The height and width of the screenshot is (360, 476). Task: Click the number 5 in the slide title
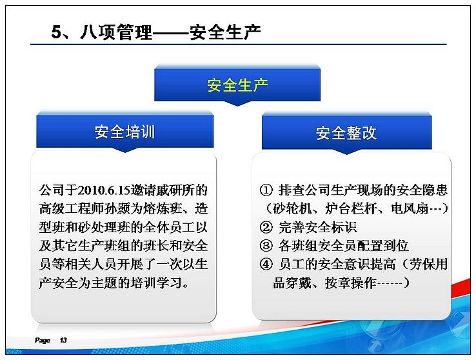pyautogui.click(x=57, y=32)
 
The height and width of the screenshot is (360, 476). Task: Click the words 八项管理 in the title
pyautogui.click(x=116, y=32)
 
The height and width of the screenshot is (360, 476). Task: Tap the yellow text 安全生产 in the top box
pyautogui.click(x=237, y=85)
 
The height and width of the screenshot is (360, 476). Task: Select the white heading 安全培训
pyautogui.click(x=124, y=132)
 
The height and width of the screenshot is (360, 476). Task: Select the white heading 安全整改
pyautogui.click(x=346, y=133)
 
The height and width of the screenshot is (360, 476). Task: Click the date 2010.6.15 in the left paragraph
pyautogui.click(x=104, y=190)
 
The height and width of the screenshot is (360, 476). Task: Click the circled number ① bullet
pyautogui.click(x=266, y=190)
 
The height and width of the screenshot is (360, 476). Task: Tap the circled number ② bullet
pyautogui.click(x=266, y=227)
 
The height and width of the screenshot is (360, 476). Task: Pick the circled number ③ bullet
pyautogui.click(x=266, y=246)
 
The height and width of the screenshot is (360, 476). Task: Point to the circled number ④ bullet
pyautogui.click(x=266, y=264)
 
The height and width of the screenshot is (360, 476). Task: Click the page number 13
pyautogui.click(x=63, y=340)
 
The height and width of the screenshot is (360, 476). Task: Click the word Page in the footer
pyautogui.click(x=43, y=340)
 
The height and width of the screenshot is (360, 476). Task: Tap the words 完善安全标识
pyautogui.click(x=317, y=227)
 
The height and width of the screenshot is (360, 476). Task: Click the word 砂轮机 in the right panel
pyautogui.click(x=292, y=209)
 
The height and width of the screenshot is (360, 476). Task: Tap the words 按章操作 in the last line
pyautogui.click(x=351, y=283)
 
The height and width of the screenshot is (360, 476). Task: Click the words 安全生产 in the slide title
pyautogui.click(x=225, y=32)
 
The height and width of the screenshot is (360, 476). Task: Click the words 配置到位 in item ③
pyautogui.click(x=383, y=246)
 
